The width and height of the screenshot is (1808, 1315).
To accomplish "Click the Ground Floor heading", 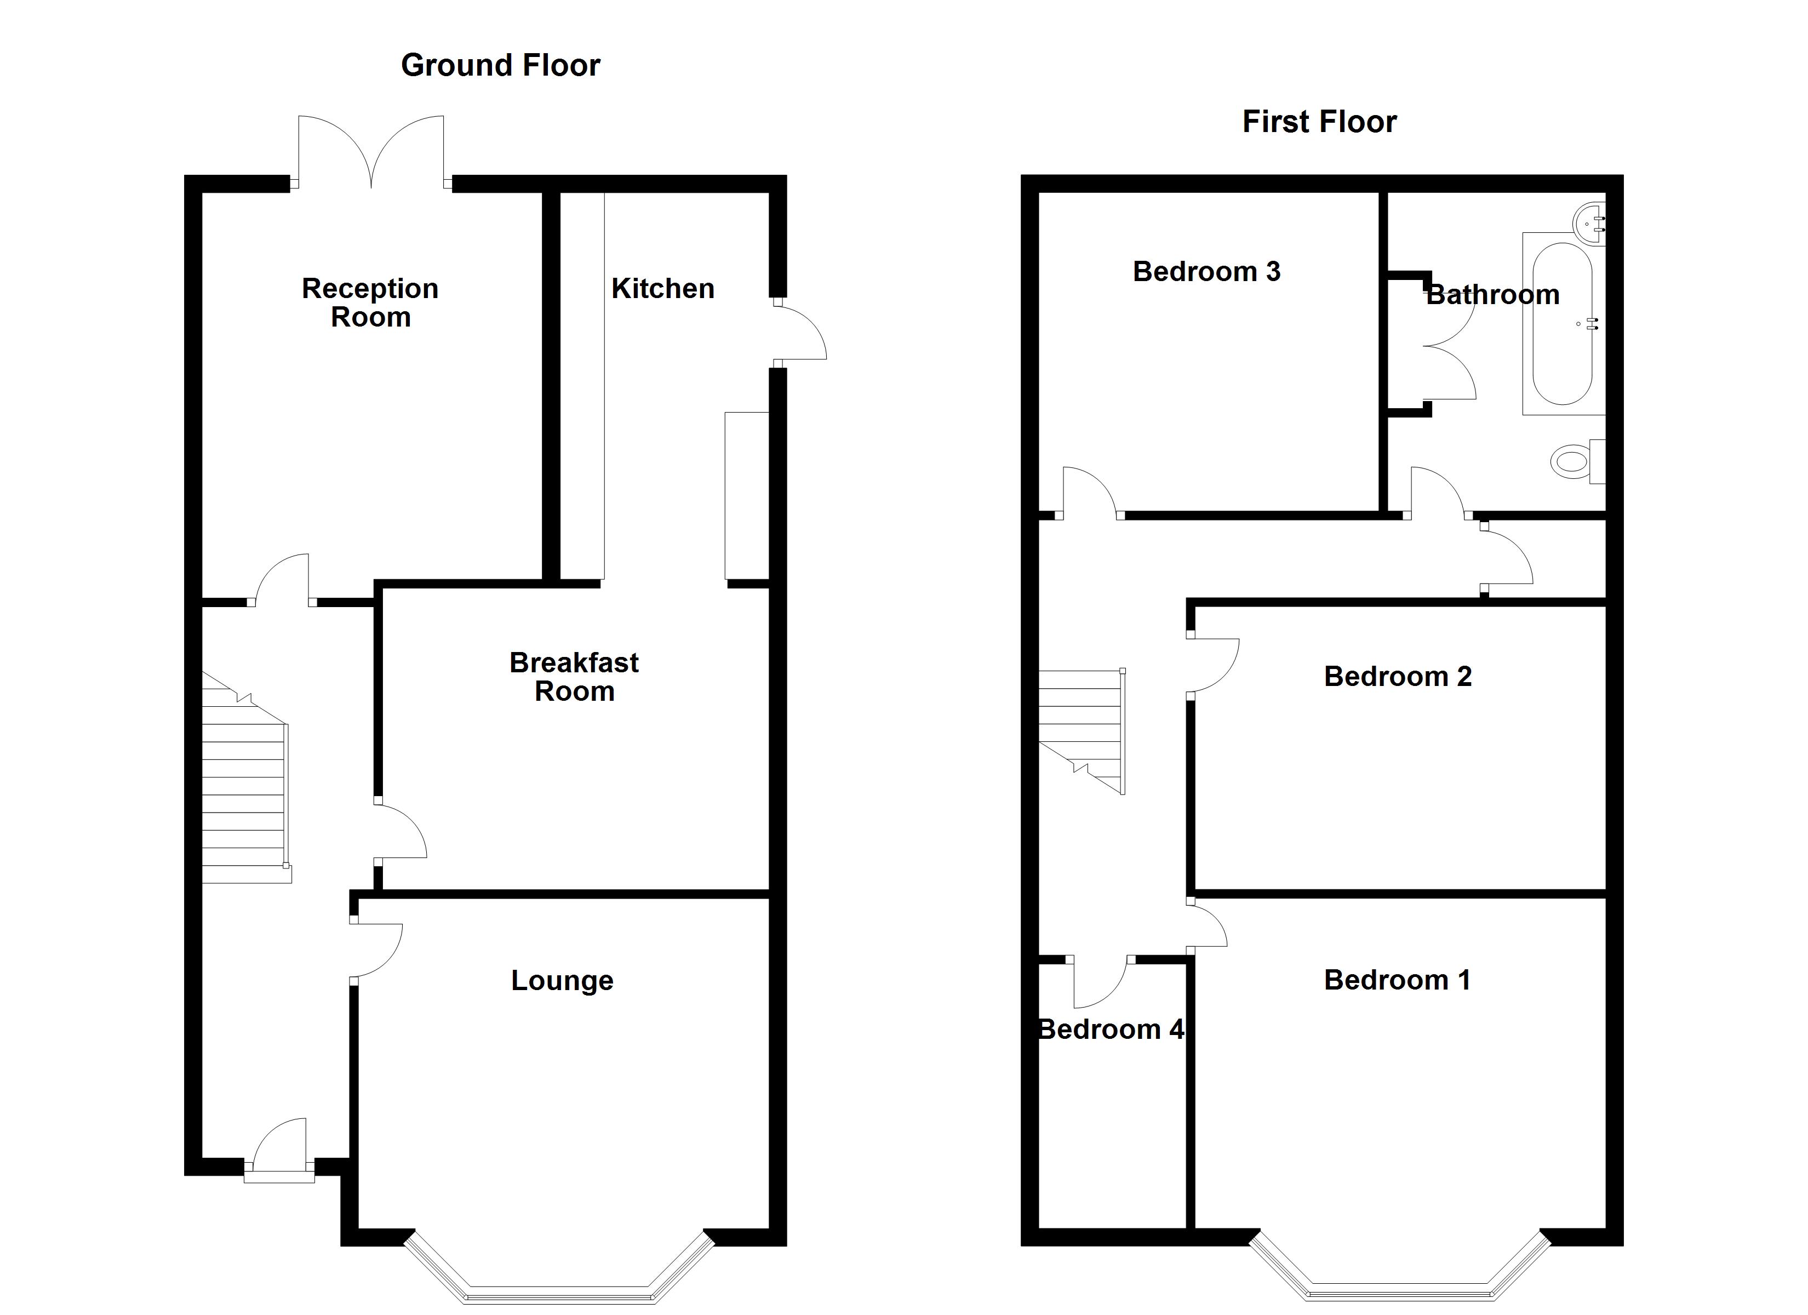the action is (x=501, y=65).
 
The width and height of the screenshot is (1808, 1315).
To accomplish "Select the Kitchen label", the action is (x=662, y=289).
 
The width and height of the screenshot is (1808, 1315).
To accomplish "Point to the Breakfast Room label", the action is (x=574, y=676).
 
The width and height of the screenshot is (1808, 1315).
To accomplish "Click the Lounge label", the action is (x=562, y=980).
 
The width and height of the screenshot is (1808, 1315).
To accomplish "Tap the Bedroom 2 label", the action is (x=1398, y=676).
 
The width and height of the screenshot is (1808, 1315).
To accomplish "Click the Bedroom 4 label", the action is (x=1111, y=1030).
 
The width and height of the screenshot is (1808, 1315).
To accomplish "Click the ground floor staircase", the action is (x=245, y=777).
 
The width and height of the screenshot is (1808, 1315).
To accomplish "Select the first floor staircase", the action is (x=1082, y=731).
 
